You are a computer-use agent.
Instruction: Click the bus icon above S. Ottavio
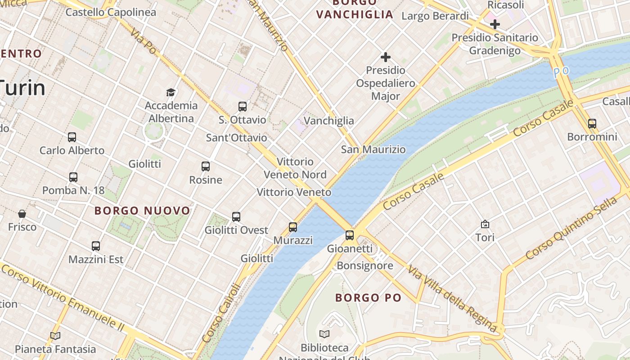pyautogui.click(x=243, y=107)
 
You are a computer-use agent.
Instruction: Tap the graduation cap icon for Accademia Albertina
pyautogui.click(x=171, y=93)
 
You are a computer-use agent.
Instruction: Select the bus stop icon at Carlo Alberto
pyautogui.click(x=72, y=137)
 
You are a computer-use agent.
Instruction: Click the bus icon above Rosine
pyautogui.click(x=206, y=166)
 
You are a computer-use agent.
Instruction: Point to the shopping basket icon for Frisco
pyautogui.click(x=22, y=214)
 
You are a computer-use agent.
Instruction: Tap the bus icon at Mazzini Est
pyautogui.click(x=96, y=246)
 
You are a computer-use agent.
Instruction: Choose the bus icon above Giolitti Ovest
pyautogui.click(x=236, y=217)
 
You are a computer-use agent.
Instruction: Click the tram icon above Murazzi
pyautogui.click(x=293, y=227)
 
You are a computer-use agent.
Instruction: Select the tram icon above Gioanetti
pyautogui.click(x=350, y=235)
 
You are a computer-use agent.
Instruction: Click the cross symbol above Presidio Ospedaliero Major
pyautogui.click(x=386, y=57)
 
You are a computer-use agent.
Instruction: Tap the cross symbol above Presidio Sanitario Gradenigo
pyautogui.click(x=495, y=24)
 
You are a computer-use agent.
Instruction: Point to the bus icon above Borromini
pyautogui.click(x=592, y=124)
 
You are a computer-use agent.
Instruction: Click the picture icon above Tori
pyautogui.click(x=485, y=224)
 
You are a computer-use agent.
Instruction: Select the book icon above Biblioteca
pyautogui.click(x=324, y=334)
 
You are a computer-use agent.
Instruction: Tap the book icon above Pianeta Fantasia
pyautogui.click(x=55, y=336)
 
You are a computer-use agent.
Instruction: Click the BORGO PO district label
pyautogui.click(x=368, y=297)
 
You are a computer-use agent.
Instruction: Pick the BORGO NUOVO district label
pyautogui.click(x=143, y=211)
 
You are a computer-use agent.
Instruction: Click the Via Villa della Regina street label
pyautogui.click(x=455, y=297)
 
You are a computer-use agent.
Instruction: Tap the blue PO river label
pyautogui.click(x=561, y=72)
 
